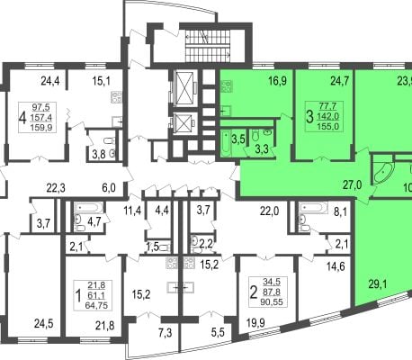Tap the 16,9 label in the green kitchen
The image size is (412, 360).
tap(278, 81)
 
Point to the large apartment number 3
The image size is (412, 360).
tap(309, 116)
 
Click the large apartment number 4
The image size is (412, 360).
tap(22, 118)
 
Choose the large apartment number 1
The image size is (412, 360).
tap(78, 295)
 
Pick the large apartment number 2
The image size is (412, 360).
tap(254, 292)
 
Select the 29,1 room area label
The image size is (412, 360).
tap(378, 283)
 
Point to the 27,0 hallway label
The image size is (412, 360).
tap(353, 185)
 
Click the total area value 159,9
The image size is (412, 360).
tap(41, 128)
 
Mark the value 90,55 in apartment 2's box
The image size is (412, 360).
tap(272, 301)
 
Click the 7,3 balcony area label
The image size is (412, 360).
tap(166, 333)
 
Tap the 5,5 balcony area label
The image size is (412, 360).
tap(218, 332)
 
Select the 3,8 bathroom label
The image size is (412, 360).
tap(100, 155)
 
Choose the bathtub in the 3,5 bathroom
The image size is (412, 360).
tap(226, 143)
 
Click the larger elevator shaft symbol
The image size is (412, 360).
tap(184, 87)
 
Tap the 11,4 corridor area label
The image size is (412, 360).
tap(132, 211)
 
